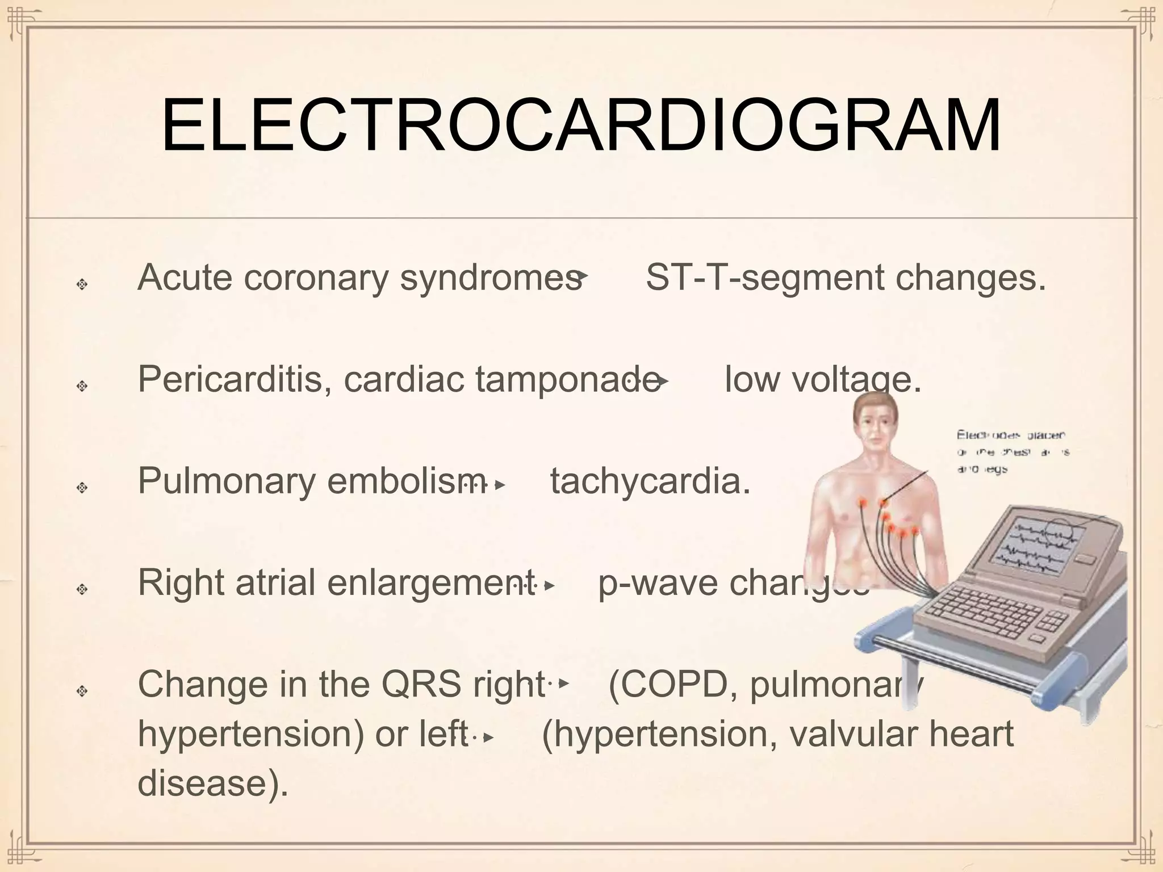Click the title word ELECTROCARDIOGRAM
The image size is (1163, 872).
click(580, 126)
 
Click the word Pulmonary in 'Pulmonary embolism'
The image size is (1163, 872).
click(227, 481)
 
